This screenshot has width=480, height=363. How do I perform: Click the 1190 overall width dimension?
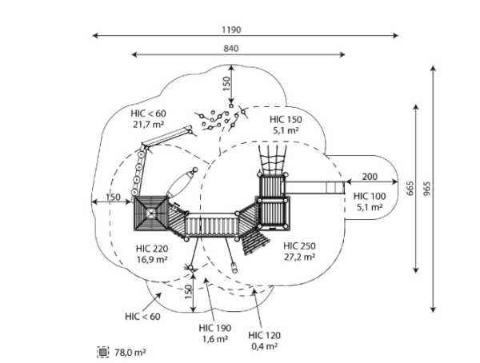[x=231, y=30]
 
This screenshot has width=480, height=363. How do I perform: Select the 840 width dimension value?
[x=231, y=48]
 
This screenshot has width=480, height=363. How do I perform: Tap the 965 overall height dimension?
[x=427, y=189]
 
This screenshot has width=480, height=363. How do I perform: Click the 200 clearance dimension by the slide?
[x=370, y=177]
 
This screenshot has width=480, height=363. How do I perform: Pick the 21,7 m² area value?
[x=148, y=125]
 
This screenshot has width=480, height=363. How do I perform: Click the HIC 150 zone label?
[x=286, y=119]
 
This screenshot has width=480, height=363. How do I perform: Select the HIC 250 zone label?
[x=299, y=245]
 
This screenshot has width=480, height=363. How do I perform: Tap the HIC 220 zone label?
[x=152, y=248]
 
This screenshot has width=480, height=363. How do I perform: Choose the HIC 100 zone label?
[x=370, y=196]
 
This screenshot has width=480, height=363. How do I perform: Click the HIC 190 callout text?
[x=215, y=328]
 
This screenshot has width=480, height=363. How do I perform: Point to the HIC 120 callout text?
[x=265, y=336]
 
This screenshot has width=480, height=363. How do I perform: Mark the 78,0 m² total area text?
[x=130, y=353]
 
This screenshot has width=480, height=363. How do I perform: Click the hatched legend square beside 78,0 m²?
[x=103, y=352]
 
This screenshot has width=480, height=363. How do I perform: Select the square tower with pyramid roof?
[x=151, y=213]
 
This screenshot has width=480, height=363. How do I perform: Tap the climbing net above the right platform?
[x=273, y=159]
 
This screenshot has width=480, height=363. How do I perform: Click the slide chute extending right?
[x=314, y=187]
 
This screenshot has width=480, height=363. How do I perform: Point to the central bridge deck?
[x=211, y=225]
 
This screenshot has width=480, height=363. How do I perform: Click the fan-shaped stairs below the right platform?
[x=254, y=242]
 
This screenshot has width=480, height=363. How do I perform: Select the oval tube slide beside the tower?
[x=182, y=183]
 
